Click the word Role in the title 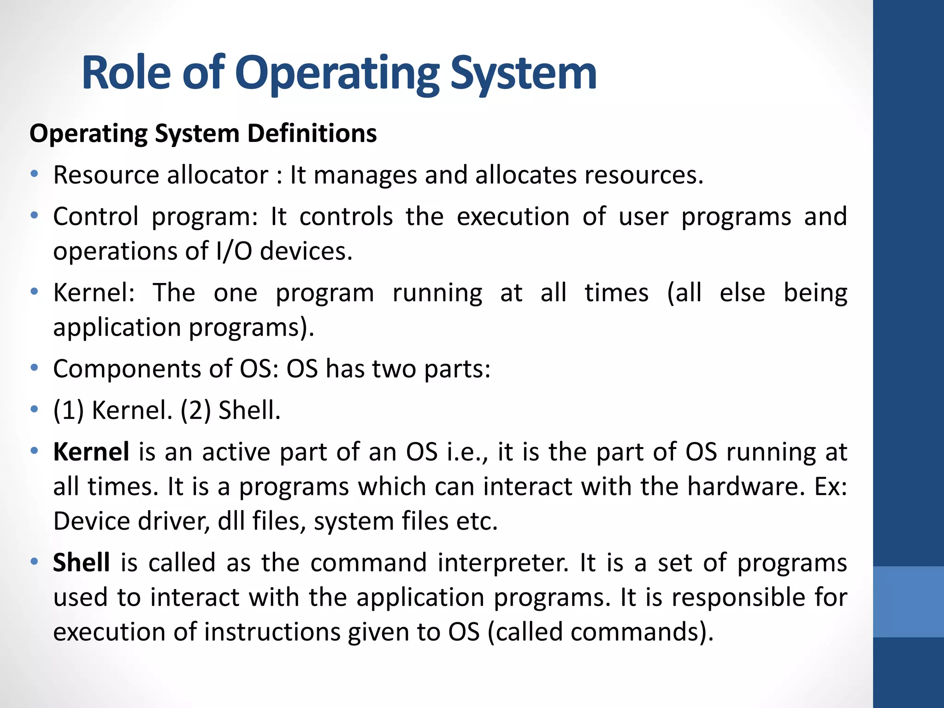[126, 73]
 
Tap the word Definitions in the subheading [312, 133]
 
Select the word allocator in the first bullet [217, 175]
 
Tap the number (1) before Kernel [69, 410]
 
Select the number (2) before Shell [195, 410]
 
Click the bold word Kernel [91, 452]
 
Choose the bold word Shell [81, 563]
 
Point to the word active [236, 452]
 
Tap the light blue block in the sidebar [908, 602]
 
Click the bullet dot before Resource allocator [34, 174]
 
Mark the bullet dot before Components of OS [34, 368]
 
